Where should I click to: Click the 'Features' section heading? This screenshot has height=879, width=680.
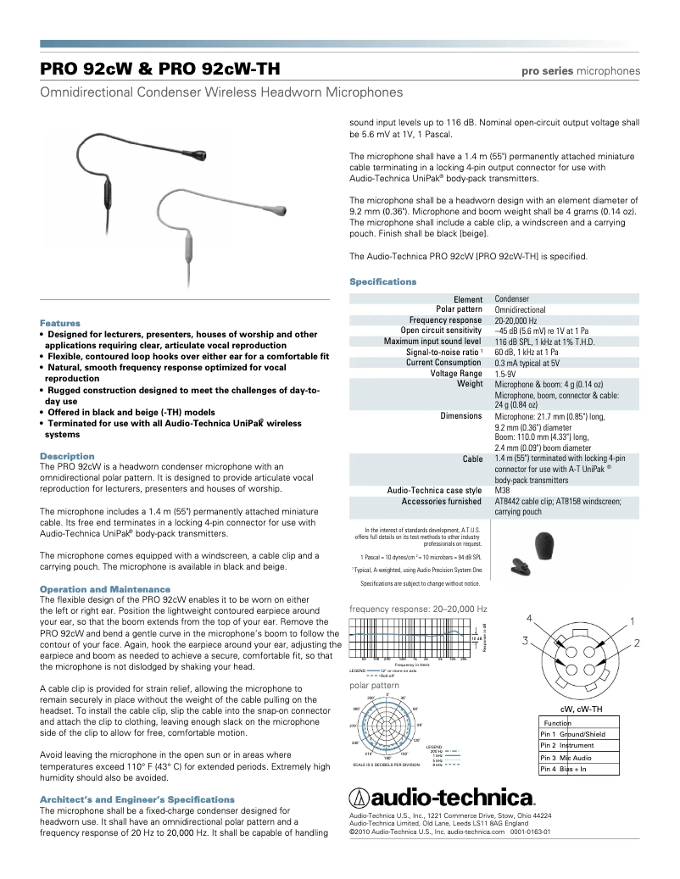point(60,323)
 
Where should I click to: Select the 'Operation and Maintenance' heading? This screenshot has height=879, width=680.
point(105,588)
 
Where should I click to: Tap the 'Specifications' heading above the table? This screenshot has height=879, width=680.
point(382,281)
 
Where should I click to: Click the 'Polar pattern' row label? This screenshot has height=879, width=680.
point(459,310)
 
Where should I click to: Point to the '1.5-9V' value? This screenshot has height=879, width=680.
point(505,374)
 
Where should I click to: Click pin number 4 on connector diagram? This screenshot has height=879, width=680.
point(529,618)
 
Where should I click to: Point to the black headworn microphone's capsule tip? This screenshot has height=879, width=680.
point(198,154)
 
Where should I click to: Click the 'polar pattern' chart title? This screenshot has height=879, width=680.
point(374,684)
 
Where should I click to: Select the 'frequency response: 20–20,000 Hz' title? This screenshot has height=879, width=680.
point(418,609)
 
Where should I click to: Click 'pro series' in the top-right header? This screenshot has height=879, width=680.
point(546,70)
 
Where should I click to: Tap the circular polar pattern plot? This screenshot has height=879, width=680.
point(387,727)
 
